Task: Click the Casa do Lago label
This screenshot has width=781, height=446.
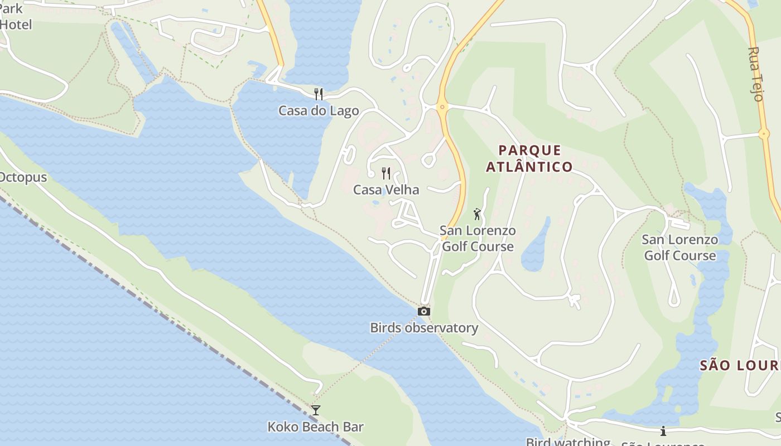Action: [x=319, y=110]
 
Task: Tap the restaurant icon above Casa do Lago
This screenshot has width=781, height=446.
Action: [x=319, y=94]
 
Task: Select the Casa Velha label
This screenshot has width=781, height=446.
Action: [x=385, y=190]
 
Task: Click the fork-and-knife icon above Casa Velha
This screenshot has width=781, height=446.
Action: [x=385, y=173]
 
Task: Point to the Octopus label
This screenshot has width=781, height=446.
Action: [x=22, y=177]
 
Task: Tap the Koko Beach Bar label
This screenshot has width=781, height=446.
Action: [x=315, y=427]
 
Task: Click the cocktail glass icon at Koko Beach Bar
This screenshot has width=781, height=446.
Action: [x=316, y=410]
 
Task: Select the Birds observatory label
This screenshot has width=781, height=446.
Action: [x=424, y=328]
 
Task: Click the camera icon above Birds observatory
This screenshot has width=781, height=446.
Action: [x=424, y=311]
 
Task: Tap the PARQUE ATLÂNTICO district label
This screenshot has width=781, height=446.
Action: [x=529, y=158]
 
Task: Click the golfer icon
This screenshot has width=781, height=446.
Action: [x=477, y=214]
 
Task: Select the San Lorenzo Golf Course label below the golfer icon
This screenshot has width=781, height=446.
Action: [x=478, y=239]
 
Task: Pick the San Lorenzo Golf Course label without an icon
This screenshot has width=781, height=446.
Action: [x=679, y=248]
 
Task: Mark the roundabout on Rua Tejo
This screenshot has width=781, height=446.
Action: [x=764, y=133]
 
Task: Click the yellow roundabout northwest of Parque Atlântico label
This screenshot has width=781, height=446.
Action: [x=442, y=106]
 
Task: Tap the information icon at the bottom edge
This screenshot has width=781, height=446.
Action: [x=663, y=431]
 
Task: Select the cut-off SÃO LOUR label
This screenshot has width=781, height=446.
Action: [x=740, y=365]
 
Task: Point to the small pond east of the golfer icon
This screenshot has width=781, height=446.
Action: [x=536, y=245]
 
